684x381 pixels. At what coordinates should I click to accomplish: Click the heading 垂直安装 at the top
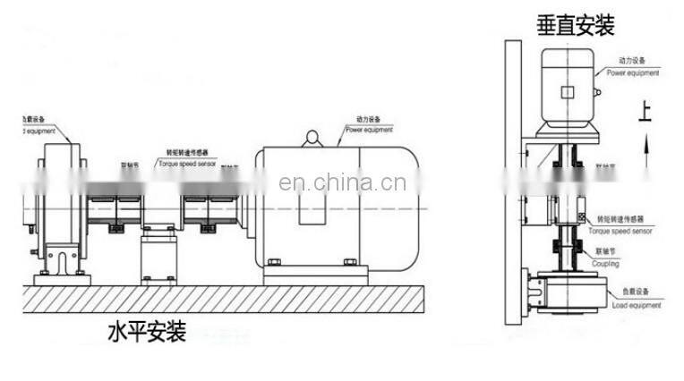click(x=575, y=25)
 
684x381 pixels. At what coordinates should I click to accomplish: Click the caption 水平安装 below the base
click(x=147, y=333)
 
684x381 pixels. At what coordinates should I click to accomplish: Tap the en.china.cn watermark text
click(x=343, y=184)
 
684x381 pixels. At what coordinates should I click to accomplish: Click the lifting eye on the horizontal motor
click(x=312, y=138)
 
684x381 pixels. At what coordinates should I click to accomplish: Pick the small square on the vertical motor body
click(x=567, y=90)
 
